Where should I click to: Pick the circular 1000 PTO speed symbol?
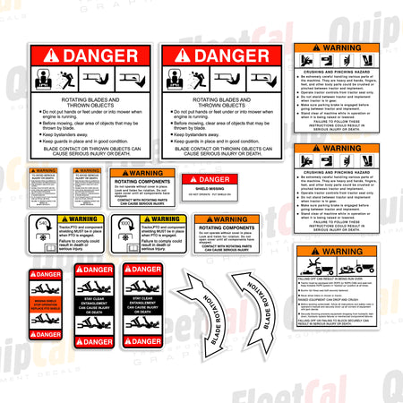click(x=126, y=222)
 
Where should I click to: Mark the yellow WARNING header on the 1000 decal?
click(x=165, y=219)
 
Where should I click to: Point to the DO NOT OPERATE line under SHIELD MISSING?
click(x=209, y=195)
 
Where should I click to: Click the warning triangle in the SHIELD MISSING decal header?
click(x=192, y=180)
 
